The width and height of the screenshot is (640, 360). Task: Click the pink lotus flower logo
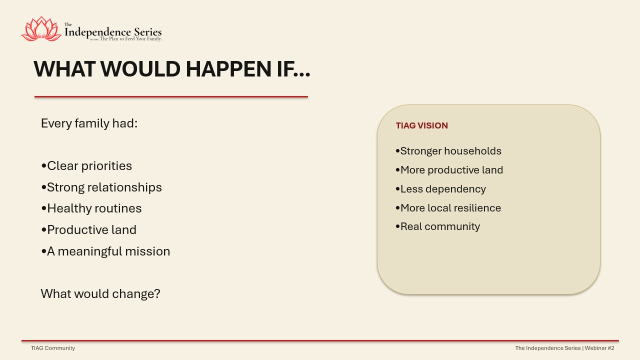41,29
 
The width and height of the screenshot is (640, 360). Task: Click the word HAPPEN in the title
228,69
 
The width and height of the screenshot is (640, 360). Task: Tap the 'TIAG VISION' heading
421,125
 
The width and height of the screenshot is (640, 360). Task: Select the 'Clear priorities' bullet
86,166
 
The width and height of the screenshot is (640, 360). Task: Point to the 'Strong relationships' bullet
101,187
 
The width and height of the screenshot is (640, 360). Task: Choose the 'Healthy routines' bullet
91,208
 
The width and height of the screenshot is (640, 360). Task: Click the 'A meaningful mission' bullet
105,251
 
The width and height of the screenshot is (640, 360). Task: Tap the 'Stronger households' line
448,151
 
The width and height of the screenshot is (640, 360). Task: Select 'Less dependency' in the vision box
441,189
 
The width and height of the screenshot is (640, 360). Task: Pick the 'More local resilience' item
448,208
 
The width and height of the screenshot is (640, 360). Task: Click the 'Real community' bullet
437,226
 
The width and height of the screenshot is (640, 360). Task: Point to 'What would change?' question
100,294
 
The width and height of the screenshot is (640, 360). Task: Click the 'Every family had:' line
89,123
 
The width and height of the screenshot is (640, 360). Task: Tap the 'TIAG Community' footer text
53,348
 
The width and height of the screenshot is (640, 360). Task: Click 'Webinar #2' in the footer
599,348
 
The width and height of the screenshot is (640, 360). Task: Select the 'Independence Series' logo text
113,32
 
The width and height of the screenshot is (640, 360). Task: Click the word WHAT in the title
64,69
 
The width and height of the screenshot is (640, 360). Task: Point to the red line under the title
171,97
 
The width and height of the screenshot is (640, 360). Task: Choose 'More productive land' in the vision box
449,170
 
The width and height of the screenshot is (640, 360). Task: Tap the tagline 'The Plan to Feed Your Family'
130,39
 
